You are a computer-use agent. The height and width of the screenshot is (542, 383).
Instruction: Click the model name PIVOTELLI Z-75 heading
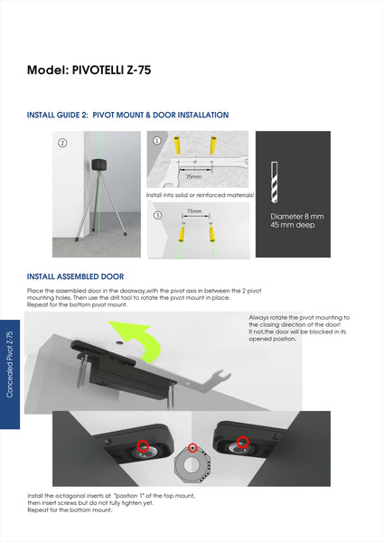(111, 70)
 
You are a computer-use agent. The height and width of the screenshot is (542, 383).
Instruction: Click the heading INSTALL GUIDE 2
(58, 115)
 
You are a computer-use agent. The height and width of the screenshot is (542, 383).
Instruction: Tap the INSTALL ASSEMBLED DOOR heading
(75, 276)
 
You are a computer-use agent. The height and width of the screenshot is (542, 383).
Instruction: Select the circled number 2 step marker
(62, 143)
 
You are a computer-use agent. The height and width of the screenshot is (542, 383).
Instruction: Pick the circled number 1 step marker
(157, 140)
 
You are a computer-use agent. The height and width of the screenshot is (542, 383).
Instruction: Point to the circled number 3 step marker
(157, 215)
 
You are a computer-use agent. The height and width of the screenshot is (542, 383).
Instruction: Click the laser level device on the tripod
(100, 165)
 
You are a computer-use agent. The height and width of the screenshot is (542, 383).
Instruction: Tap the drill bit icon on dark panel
(275, 182)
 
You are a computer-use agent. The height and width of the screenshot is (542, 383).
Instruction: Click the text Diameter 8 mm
(297, 217)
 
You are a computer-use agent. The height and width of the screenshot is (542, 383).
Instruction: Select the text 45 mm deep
(293, 225)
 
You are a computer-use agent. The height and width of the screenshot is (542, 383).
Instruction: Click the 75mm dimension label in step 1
(193, 177)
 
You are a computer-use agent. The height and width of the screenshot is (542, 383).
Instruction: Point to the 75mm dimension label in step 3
(194, 210)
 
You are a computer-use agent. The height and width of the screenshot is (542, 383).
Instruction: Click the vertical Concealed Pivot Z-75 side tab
(10, 364)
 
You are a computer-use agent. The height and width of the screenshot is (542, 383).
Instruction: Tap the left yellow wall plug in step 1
(177, 145)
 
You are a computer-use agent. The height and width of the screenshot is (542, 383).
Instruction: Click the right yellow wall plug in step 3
(211, 233)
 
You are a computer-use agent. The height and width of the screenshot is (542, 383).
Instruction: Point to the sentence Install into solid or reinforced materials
(201, 195)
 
